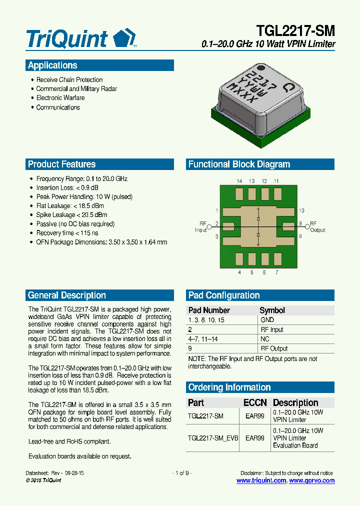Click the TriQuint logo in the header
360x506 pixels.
(x=80, y=38)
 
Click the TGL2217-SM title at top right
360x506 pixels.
(x=295, y=30)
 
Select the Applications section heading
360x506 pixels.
(x=52, y=65)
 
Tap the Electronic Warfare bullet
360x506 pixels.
(x=60, y=98)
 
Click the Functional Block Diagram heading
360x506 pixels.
(x=239, y=164)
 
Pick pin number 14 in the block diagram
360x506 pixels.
(x=239, y=181)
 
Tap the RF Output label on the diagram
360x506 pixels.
(x=317, y=227)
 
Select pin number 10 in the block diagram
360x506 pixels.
(x=301, y=211)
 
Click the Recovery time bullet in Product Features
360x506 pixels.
(x=67, y=233)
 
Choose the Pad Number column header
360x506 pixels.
(x=209, y=310)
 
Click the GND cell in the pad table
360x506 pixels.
(x=267, y=320)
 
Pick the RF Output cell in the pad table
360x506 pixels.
(x=274, y=348)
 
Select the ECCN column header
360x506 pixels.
(x=255, y=403)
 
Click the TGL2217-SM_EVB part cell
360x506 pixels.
(x=212, y=438)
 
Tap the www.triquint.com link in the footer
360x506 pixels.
(x=261, y=480)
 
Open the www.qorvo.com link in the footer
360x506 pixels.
(x=312, y=480)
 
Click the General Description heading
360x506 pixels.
(x=66, y=295)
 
